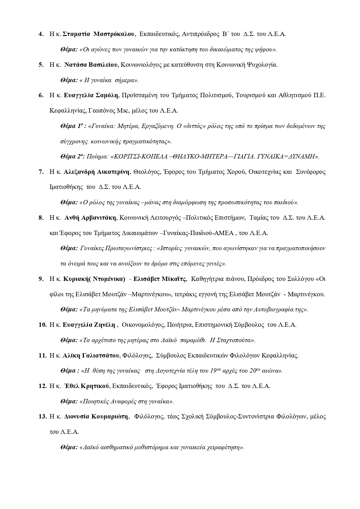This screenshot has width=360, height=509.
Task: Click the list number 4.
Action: [x=41, y=34]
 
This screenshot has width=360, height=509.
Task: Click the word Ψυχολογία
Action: [x=262, y=65]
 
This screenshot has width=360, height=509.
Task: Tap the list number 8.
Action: [x=41, y=218]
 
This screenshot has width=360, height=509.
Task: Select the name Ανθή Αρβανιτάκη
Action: [x=90, y=218]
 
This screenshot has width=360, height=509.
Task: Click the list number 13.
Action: [x=43, y=417]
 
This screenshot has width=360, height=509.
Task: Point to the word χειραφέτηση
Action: [x=227, y=447]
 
